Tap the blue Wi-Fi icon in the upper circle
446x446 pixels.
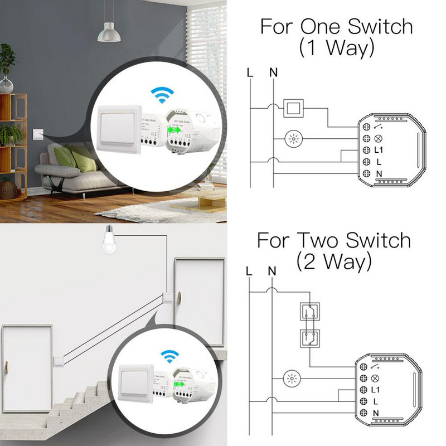pos(163,96)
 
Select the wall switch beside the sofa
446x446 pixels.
pos(37,134)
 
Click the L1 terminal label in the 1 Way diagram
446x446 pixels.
pos(379,150)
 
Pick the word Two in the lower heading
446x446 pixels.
pos(317,240)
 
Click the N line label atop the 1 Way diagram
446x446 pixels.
pos(273,72)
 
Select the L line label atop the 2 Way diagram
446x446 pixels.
pos(249,272)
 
